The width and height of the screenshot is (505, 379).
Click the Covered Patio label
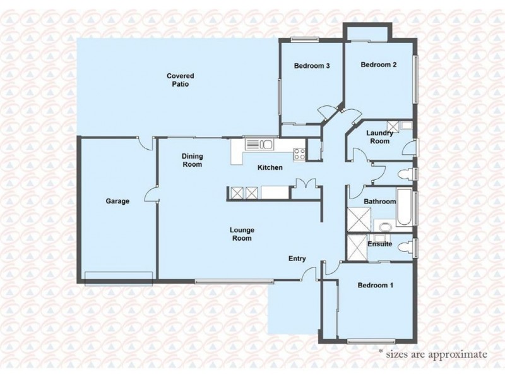178,80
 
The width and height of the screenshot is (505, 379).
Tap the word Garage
117,202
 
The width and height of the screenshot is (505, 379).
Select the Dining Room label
192,160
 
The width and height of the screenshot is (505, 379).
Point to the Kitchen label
270,167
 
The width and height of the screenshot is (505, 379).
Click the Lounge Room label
241,234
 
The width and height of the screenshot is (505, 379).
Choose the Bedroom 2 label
378,64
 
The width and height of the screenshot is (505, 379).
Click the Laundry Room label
381,137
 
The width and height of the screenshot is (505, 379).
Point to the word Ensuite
379,244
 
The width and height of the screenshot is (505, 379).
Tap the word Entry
297,258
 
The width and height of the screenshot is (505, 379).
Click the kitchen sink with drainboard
259,145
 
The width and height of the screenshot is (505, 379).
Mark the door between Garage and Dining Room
152,196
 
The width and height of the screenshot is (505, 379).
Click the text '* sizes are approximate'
432,354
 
